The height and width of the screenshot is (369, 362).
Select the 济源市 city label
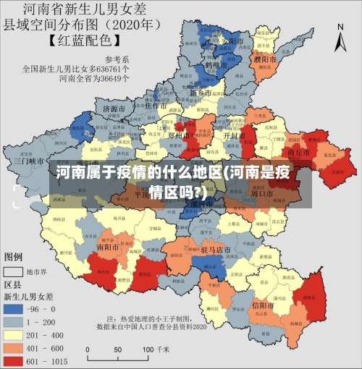[x=113, y=109]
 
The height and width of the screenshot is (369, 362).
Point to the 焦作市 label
[x=157, y=106]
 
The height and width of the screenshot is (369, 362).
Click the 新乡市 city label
[x=200, y=93]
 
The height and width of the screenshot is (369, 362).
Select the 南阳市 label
[x=108, y=246]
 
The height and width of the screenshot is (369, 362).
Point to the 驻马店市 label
[x=215, y=250]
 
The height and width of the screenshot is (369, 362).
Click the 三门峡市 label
[x=30, y=161]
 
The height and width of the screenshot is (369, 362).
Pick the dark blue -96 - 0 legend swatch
[x=14, y=308]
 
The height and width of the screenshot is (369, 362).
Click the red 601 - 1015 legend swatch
[x=14, y=360]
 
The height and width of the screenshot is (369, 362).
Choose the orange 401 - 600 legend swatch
[x=14, y=347]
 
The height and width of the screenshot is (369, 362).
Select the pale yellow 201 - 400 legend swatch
[x=14, y=334]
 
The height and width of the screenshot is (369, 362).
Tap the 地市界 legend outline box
[x=14, y=271]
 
